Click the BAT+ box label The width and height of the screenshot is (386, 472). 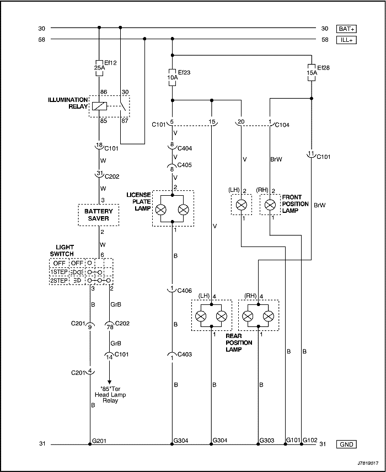pyautogui.click(x=346, y=29)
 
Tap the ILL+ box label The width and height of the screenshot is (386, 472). pyautogui.click(x=346, y=40)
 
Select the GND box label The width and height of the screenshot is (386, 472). pyautogui.click(x=346, y=444)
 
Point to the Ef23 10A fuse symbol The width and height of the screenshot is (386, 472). pyautogui.click(x=172, y=77)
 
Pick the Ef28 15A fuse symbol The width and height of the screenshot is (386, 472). pyautogui.click(x=312, y=72)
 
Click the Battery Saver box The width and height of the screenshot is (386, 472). pyautogui.click(x=99, y=215)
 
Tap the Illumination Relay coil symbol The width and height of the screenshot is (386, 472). pyautogui.click(x=99, y=106)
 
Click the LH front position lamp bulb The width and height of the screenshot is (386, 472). pyautogui.click(x=241, y=205)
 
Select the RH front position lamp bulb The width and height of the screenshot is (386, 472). pyautogui.click(x=270, y=205)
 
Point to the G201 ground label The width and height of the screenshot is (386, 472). pyautogui.click(x=99, y=441)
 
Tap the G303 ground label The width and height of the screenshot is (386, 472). pyautogui.click(x=267, y=441)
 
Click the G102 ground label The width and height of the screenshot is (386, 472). pyautogui.click(x=310, y=441)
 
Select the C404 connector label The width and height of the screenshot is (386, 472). pyautogui.click(x=185, y=148)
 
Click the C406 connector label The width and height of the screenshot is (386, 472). pyautogui.click(x=185, y=291)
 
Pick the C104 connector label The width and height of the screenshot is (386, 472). pyautogui.click(x=282, y=125)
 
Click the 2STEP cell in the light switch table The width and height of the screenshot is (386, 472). pyautogui.click(x=59, y=281)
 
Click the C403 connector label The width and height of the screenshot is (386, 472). pyautogui.click(x=185, y=355)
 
